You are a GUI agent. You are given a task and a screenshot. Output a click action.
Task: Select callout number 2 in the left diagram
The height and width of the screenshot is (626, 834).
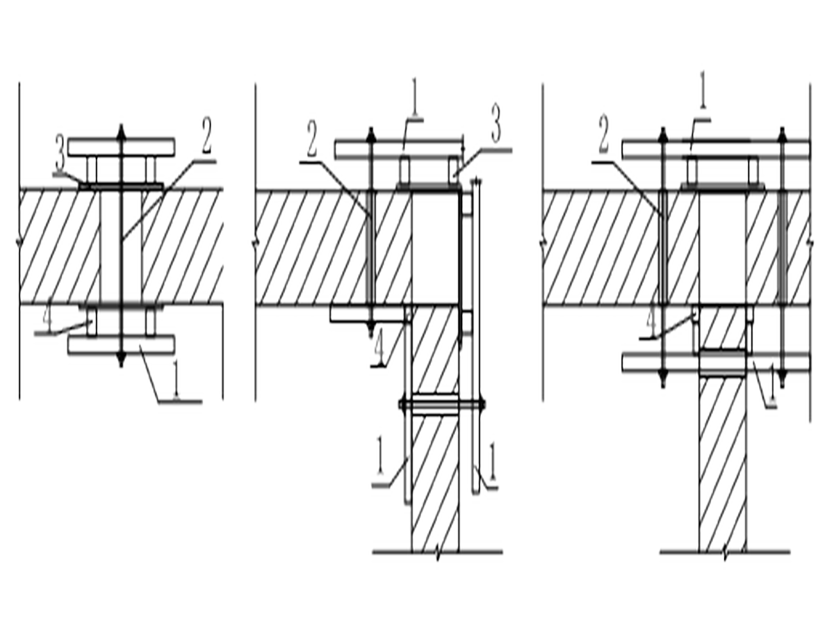click(x=206, y=136)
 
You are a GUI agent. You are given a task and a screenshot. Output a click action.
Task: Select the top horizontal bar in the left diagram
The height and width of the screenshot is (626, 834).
click(x=122, y=147)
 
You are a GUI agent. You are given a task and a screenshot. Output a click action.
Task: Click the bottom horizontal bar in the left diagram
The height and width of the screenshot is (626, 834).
click(x=122, y=345)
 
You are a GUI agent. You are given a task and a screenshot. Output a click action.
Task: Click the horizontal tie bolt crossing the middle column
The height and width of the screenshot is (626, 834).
click(x=442, y=404)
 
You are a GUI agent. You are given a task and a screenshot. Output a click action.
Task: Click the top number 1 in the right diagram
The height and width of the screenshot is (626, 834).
click(x=702, y=90)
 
